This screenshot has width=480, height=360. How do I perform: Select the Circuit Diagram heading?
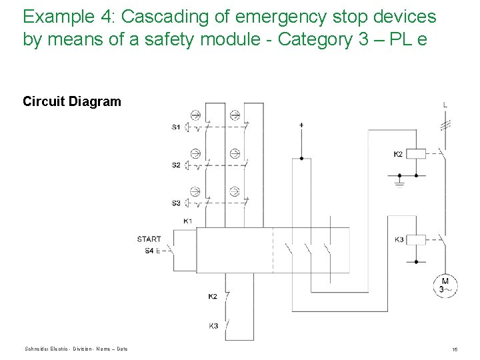72,101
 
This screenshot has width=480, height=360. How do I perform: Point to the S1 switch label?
176,127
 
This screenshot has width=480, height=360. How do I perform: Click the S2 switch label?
176,165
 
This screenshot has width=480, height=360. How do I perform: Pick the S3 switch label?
176,203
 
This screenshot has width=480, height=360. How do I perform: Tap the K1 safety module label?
188,221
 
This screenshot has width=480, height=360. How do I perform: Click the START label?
149,239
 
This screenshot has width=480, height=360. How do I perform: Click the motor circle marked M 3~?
445,285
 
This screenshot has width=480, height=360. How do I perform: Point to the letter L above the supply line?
445,105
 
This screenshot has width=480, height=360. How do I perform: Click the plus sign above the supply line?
301,125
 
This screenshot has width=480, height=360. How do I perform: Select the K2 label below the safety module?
213,296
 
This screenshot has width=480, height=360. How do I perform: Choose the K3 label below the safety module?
213,326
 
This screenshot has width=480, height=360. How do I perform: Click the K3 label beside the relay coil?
399,239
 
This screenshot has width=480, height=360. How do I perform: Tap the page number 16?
454,349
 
